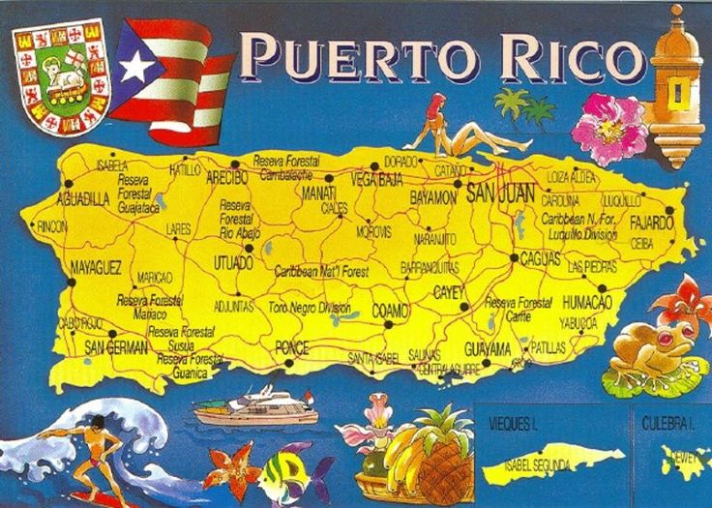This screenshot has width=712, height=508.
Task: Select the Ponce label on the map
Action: click(x=291, y=347)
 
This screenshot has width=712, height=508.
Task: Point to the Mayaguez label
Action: click(x=95, y=266)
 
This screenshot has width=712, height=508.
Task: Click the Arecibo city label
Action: click(x=227, y=177)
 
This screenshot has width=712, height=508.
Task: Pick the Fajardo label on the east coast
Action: click(x=650, y=223)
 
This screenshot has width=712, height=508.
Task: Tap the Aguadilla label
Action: click(x=84, y=199)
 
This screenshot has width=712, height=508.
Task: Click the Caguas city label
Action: click(x=541, y=259)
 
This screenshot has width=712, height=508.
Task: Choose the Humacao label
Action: click(x=587, y=303)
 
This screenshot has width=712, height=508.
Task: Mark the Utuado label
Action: click(x=233, y=262)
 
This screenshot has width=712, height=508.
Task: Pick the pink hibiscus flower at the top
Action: click(x=609, y=127)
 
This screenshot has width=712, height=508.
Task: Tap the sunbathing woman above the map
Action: click(x=464, y=131)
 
